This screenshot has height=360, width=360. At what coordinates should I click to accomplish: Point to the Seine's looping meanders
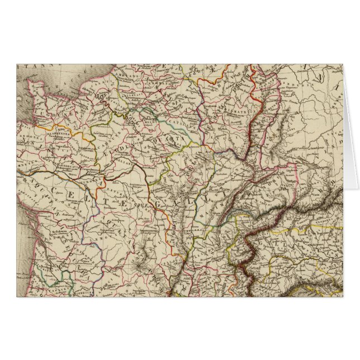tap(105, 102)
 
